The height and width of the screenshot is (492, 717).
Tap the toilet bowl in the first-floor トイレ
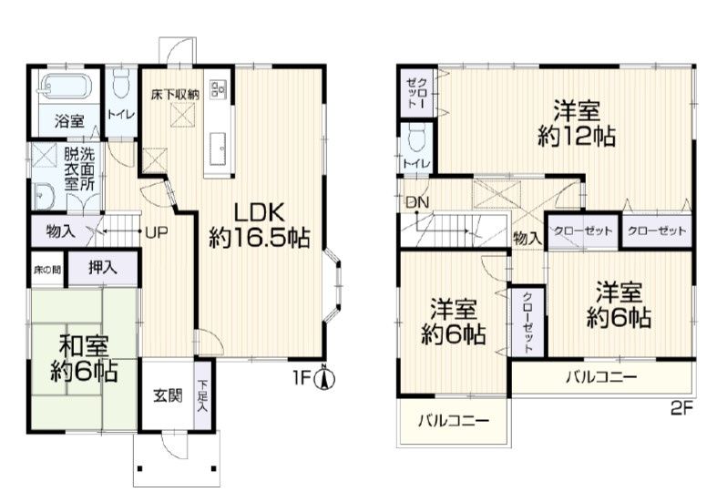121,83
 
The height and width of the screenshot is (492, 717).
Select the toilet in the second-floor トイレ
417,138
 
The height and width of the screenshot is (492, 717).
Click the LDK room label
260,211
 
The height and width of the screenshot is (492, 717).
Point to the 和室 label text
84,345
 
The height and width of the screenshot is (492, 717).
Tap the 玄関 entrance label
168,395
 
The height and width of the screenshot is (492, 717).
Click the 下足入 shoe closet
202,395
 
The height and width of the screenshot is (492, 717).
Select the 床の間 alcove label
47,271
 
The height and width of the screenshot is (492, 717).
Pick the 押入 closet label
102,269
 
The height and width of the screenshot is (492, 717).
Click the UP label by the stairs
157,231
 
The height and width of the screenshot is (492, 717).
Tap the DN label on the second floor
417,201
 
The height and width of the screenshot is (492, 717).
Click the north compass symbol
324,378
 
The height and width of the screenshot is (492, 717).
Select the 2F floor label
682,408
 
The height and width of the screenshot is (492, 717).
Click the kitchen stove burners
216,89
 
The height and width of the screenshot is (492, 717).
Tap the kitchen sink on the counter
217,149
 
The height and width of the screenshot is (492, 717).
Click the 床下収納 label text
175,95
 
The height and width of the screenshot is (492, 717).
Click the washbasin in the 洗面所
45,197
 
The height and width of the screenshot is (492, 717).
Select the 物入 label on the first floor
61,231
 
